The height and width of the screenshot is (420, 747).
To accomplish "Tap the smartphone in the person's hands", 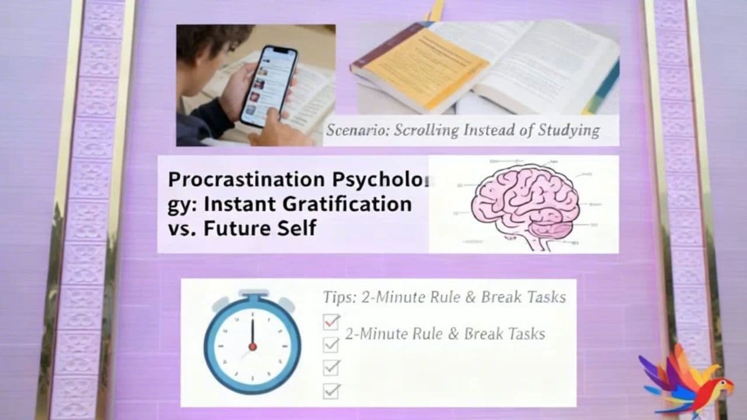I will click(x=268, y=86).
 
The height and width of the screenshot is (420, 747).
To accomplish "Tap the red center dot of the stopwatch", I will click(x=253, y=346).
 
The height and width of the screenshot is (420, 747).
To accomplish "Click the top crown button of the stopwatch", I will click(x=253, y=293).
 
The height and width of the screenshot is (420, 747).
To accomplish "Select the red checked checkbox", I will click(x=331, y=321).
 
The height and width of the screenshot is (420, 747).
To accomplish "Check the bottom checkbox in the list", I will click(x=331, y=390).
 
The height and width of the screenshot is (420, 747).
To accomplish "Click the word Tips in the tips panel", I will click(x=339, y=297).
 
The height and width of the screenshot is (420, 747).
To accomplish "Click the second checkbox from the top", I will click(x=331, y=345).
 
